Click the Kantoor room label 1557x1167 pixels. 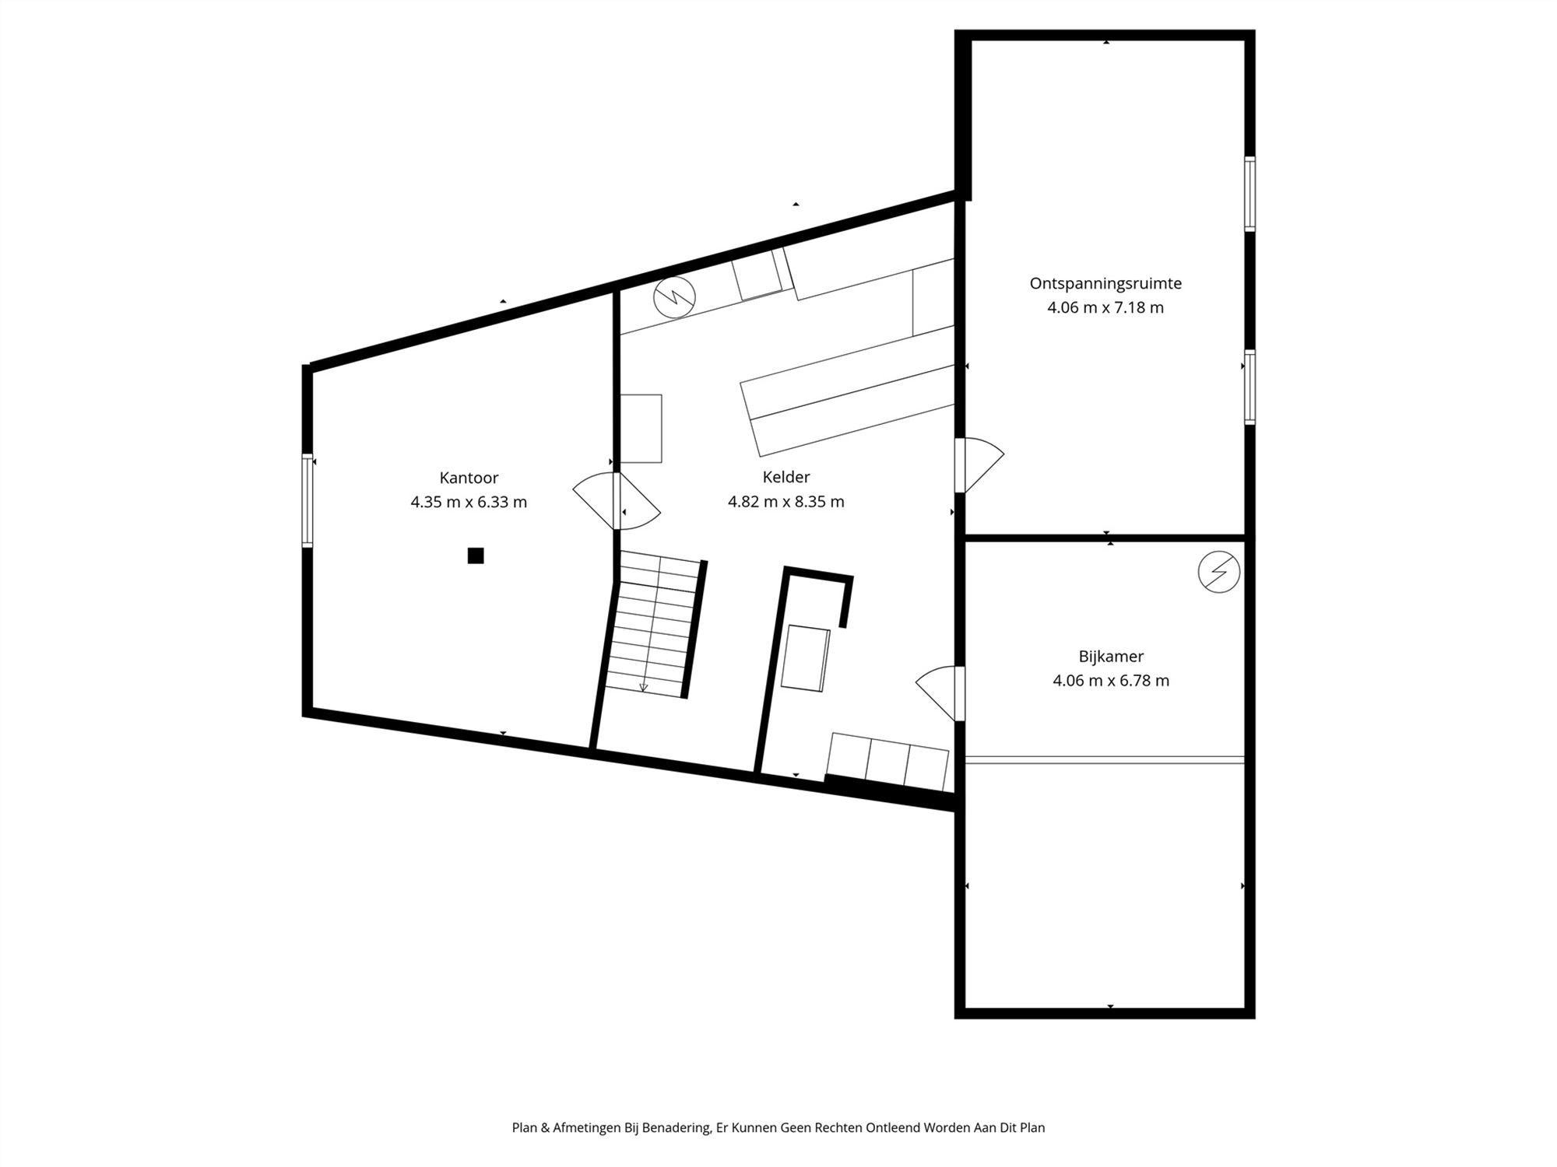coord(469,478)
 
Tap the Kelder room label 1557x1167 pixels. coord(786,477)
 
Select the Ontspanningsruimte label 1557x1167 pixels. coord(1105,283)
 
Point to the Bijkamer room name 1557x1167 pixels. coord(1111,657)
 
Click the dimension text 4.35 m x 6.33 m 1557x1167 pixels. coord(469,502)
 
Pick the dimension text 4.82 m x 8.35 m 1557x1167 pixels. coord(786,502)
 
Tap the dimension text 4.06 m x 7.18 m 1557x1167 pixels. coord(1105,307)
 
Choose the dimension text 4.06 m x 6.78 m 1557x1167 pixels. coord(1111,681)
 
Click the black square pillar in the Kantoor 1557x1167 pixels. coord(476,555)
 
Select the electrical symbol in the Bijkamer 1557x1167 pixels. coord(1219,572)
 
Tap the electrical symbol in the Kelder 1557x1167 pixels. coord(674,296)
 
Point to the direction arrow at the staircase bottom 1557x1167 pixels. coord(643,687)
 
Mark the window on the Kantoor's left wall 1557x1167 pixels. coord(308,500)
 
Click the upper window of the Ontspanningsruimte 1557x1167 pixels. coord(1249,194)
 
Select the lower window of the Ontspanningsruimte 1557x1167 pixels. coord(1249,387)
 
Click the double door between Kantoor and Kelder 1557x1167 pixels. coord(617,501)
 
